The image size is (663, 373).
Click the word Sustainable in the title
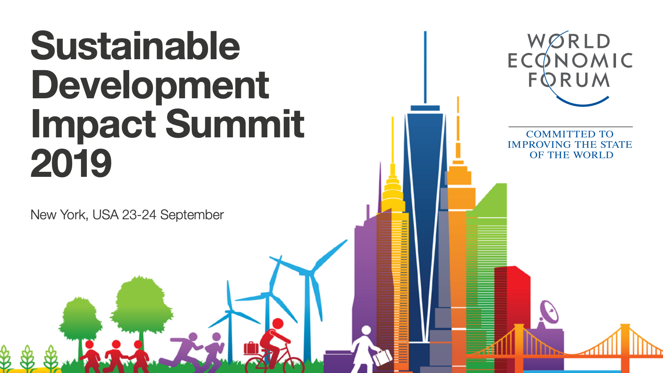tap(135, 46)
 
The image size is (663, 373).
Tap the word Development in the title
tap(150, 87)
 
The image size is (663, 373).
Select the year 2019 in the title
tap(71, 163)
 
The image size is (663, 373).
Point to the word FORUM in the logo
tap(569, 80)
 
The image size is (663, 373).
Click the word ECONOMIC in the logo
tap(570, 60)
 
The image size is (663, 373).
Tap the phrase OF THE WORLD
tap(571, 155)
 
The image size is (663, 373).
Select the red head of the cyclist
tap(278, 323)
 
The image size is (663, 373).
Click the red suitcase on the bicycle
tap(251, 348)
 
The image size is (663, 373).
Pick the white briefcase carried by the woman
tap(382, 358)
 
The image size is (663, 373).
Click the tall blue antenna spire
tap(425, 67)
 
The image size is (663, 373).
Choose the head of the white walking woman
tap(366, 330)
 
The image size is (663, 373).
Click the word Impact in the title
tap(93, 124)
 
